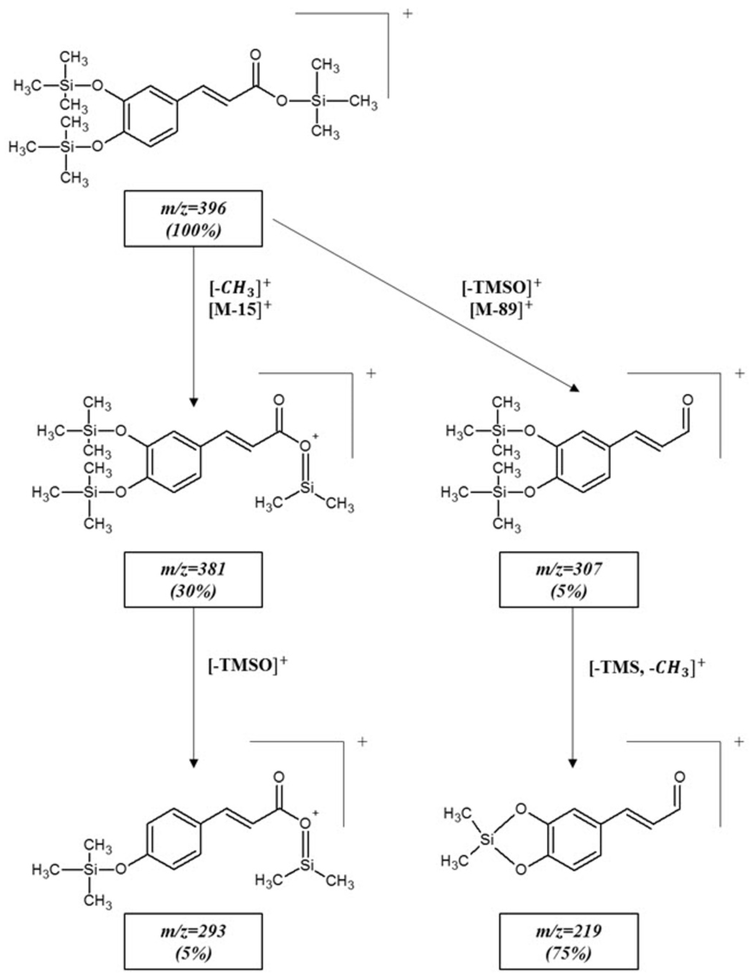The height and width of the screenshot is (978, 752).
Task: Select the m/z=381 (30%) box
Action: pyautogui.click(x=193, y=579)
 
